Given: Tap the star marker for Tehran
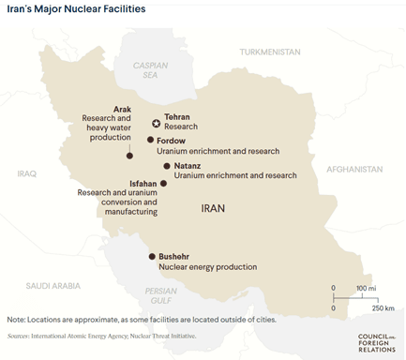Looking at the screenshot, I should (156, 122).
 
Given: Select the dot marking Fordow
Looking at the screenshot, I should (150, 140).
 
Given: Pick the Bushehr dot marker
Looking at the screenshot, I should (151, 256).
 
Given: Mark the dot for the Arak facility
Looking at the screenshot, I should (128, 157).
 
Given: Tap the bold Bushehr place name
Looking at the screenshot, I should (176, 256).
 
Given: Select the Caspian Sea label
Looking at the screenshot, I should (148, 72).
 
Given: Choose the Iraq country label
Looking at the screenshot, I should (26, 173).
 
